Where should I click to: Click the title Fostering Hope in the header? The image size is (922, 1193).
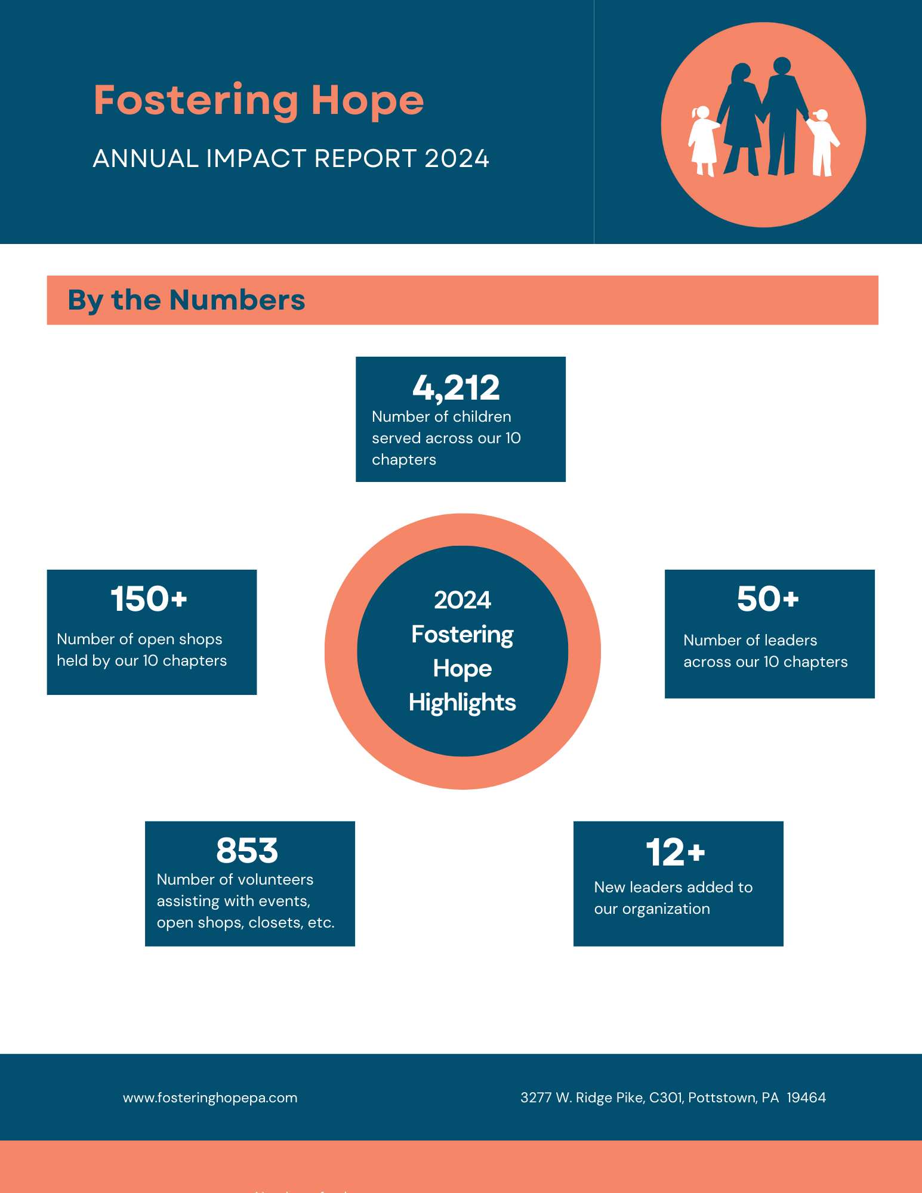coord(258,101)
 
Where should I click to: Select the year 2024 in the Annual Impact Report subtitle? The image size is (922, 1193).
coord(457,159)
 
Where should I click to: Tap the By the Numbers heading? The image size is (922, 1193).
coord(186,300)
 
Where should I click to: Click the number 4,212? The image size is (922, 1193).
coord(456,388)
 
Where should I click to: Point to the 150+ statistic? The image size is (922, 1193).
coord(149,599)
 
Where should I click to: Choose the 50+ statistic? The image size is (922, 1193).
coord(767,599)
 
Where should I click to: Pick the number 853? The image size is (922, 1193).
coord(247,851)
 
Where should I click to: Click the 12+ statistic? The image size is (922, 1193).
coord(675,852)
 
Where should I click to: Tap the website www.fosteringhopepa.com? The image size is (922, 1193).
coord(210,1098)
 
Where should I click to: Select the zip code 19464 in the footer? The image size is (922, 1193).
coord(806,1098)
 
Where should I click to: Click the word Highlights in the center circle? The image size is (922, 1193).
coord(462,703)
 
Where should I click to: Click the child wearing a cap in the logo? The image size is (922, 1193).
coord(822,142)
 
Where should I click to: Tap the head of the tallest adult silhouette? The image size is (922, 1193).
coord(782,65)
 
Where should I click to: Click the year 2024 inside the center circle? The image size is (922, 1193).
coord(462,600)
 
